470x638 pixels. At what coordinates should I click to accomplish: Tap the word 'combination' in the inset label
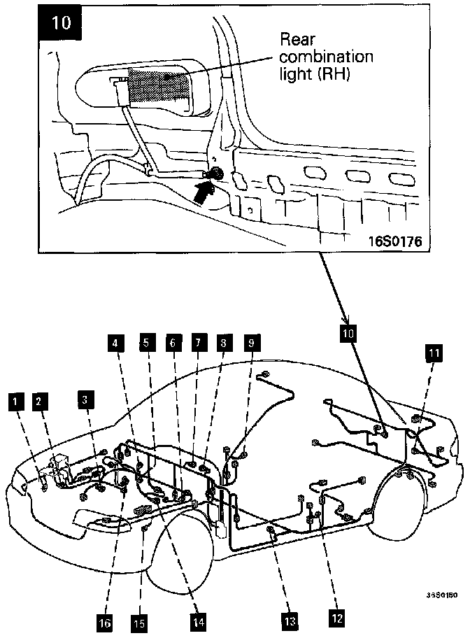point(327,56)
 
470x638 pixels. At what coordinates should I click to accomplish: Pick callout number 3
point(85,400)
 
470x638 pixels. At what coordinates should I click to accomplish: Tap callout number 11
point(434,353)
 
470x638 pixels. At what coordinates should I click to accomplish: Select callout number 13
point(289,620)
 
